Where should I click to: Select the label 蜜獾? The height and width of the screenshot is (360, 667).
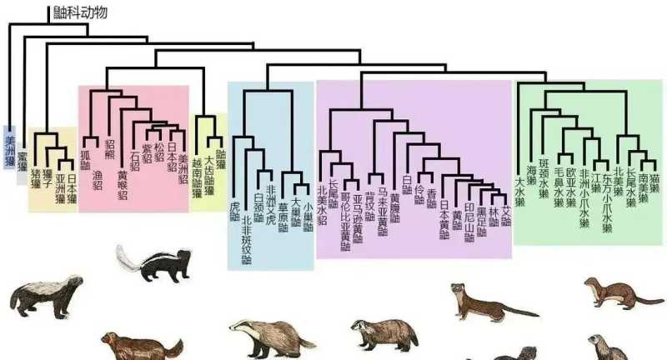click(23, 163)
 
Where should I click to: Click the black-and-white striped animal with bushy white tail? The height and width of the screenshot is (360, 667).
click(154, 264)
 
